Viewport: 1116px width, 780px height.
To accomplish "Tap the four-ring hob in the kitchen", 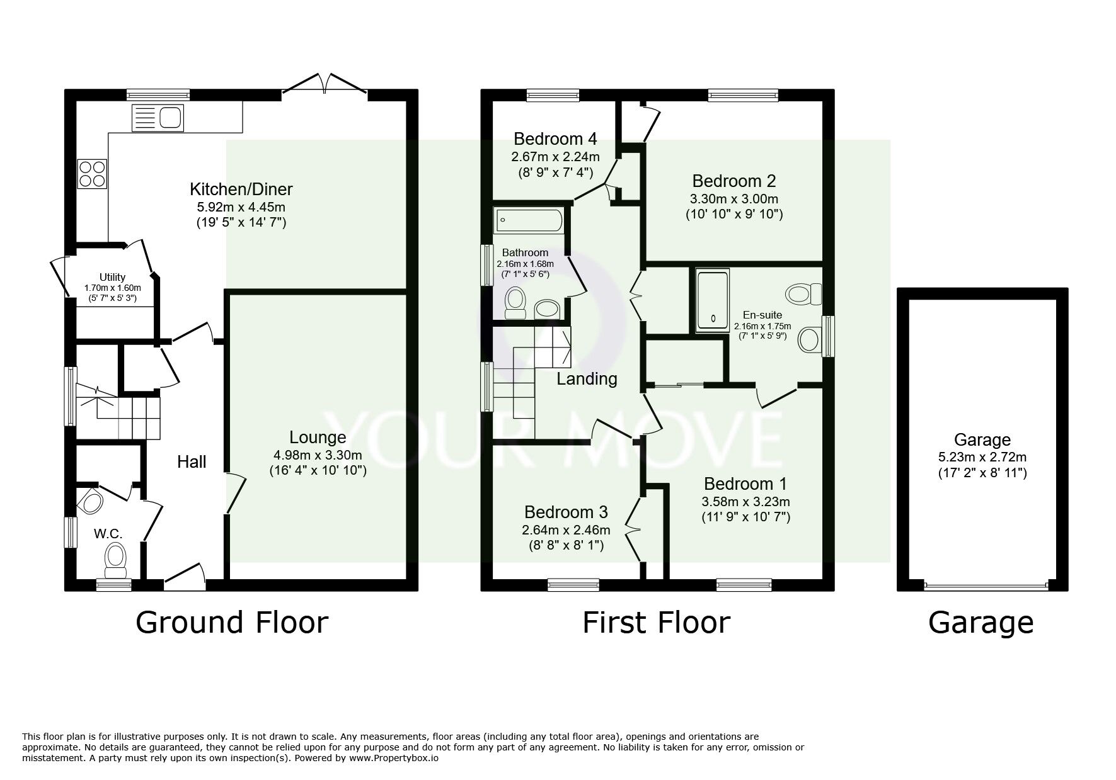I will tap(92, 172).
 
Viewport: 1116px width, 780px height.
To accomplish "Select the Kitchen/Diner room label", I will tap(241, 189).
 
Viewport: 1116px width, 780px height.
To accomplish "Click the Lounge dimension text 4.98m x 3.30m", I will tap(318, 455).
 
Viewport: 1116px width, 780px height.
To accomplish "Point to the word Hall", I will tap(192, 462).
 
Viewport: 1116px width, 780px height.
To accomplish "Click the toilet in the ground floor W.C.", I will tap(115, 560).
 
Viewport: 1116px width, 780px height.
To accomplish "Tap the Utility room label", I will tap(112, 277).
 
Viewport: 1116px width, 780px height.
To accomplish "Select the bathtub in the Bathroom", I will tap(529, 220).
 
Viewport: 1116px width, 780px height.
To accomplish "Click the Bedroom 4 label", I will tap(555, 138).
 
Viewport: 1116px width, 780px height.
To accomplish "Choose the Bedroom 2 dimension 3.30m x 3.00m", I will tap(734, 199).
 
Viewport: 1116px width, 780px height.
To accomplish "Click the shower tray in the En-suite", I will tap(712, 301).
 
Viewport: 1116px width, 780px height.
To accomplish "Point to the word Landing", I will tap(587, 379).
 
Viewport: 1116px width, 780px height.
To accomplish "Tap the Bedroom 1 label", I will tap(745, 484).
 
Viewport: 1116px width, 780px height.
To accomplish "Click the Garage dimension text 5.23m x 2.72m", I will tap(982, 457).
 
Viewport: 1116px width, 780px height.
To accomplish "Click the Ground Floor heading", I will tap(232, 623).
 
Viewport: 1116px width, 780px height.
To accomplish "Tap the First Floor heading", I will tap(656, 623).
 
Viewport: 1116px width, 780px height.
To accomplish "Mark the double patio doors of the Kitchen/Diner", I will tap(325, 86).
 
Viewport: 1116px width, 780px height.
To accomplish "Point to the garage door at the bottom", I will tap(986, 586).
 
